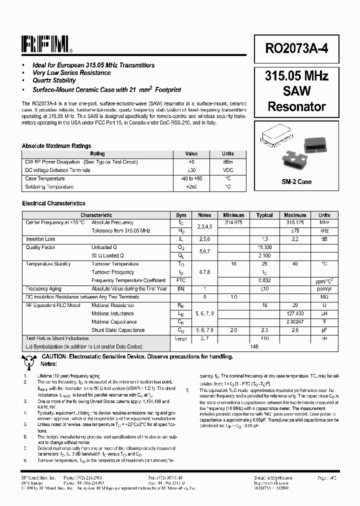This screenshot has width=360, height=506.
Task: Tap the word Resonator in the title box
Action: (297, 106)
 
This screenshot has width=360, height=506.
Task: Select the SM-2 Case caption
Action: (296, 182)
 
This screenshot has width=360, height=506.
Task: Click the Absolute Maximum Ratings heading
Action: (56, 146)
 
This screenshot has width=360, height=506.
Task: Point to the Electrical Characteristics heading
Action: (53, 203)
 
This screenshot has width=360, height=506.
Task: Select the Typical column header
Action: (264, 215)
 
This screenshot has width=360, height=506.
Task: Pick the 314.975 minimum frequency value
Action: (233, 222)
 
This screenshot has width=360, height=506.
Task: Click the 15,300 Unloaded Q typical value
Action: (264, 247)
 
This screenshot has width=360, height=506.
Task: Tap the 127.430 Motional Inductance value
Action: (295, 314)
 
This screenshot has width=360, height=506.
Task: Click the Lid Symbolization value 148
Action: (254, 346)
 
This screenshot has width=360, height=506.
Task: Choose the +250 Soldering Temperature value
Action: (191, 187)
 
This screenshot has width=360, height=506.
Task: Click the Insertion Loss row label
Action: (40, 239)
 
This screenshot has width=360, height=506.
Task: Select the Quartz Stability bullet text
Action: (54, 80)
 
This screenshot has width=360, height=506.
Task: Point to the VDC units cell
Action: (227, 170)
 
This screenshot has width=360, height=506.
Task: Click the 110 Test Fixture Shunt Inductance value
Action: (264, 338)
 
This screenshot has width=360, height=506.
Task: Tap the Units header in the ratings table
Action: (227, 154)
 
